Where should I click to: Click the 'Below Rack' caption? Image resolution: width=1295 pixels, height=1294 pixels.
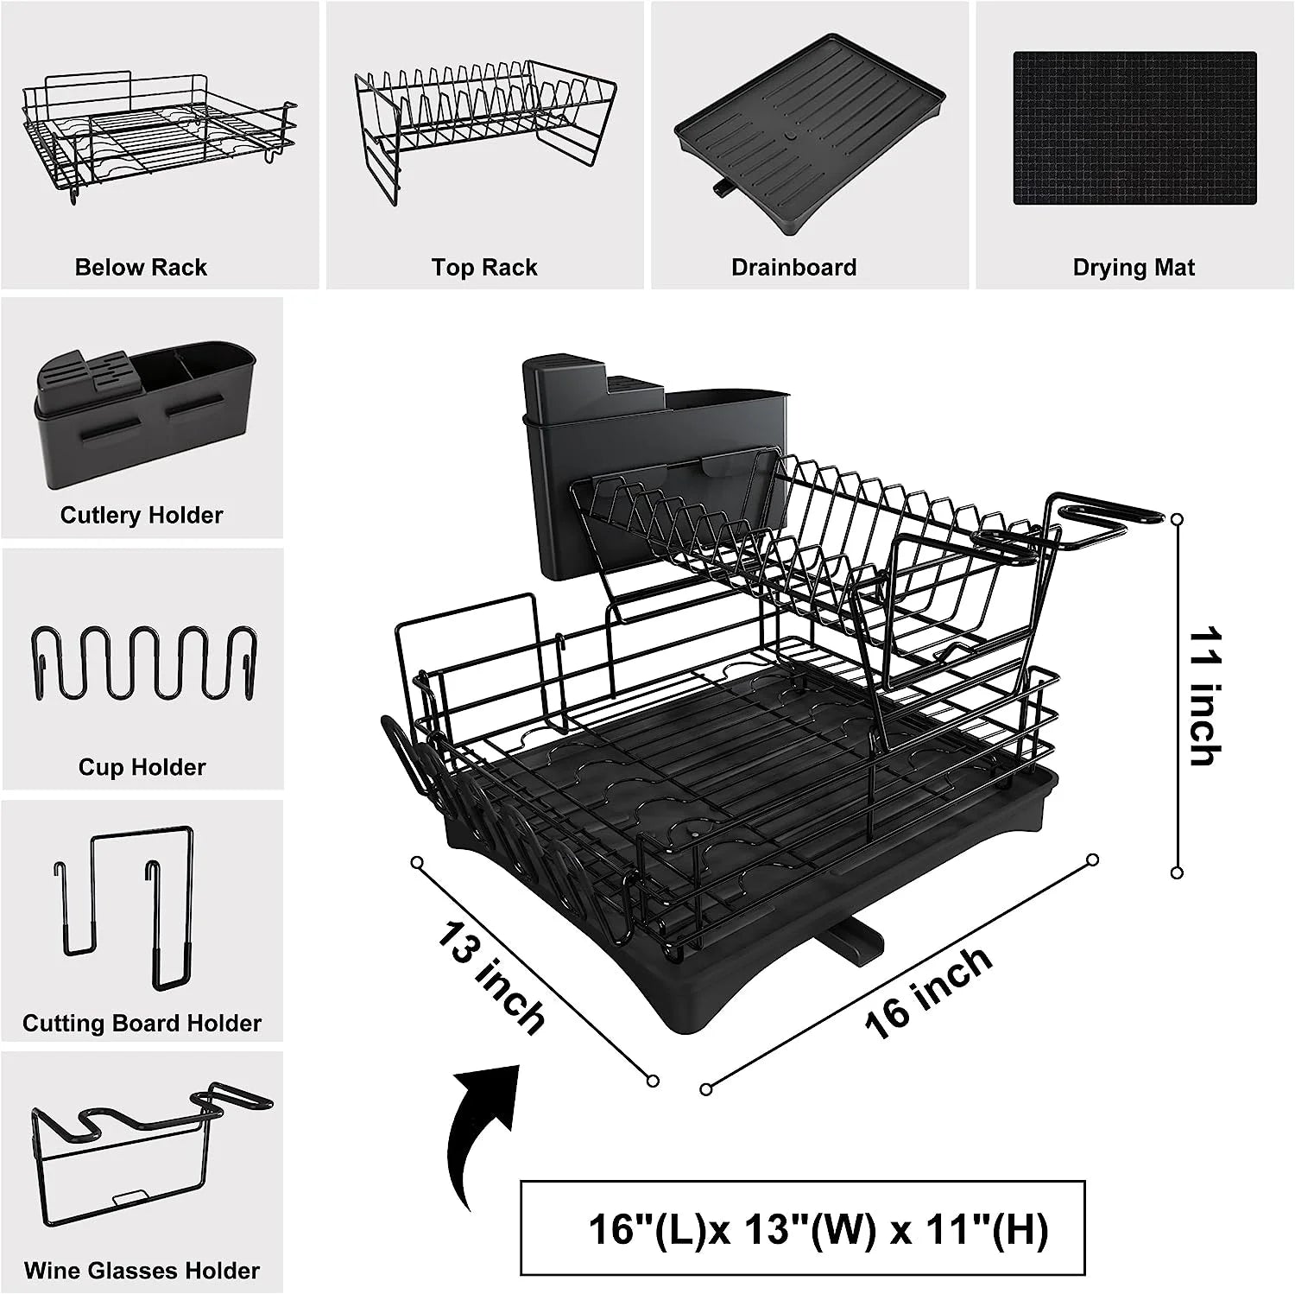141,267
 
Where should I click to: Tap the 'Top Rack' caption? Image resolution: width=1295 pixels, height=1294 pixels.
484,268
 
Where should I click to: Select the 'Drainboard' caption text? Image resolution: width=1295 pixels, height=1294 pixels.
793,268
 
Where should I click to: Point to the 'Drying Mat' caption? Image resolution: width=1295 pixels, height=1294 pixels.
1134,268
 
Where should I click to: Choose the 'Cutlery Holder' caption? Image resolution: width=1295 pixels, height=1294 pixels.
142,515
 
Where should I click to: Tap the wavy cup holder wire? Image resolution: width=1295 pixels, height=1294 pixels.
142,663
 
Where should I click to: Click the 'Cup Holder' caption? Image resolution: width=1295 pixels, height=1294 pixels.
142,767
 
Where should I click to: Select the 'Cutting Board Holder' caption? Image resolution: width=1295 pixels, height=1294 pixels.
142,1023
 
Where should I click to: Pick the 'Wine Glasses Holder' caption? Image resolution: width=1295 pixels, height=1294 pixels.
142,1271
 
